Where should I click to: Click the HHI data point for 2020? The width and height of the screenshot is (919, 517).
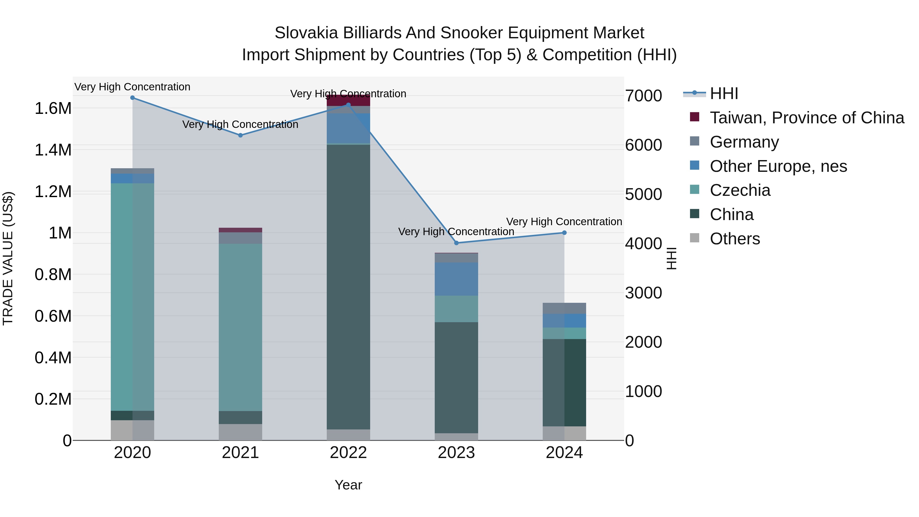pyautogui.click(x=132, y=98)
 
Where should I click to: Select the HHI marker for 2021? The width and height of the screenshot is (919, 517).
pyautogui.click(x=240, y=135)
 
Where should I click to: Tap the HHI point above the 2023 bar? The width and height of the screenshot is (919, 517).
pyautogui.click(x=456, y=243)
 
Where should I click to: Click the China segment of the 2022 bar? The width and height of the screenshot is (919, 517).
pyautogui.click(x=348, y=285)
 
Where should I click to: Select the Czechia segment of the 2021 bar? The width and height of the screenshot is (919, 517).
pyautogui.click(x=240, y=327)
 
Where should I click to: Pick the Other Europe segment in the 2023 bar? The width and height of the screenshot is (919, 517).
pyautogui.click(x=456, y=279)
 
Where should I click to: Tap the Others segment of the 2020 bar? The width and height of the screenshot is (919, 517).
pyautogui.click(x=132, y=430)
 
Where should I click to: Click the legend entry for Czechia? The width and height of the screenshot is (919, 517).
pyautogui.click(x=740, y=190)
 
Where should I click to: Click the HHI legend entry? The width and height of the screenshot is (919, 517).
pyautogui.click(x=723, y=93)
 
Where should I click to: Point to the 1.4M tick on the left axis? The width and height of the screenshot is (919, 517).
pyautogui.click(x=53, y=150)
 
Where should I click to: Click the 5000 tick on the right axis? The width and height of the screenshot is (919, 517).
pyautogui.click(x=644, y=195)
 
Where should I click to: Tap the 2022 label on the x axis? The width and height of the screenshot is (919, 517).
pyautogui.click(x=348, y=453)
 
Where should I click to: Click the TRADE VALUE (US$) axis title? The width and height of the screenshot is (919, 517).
pyautogui.click(x=8, y=258)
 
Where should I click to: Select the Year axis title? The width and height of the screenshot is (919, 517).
pyautogui.click(x=348, y=485)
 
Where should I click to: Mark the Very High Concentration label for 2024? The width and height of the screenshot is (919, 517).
pyautogui.click(x=564, y=222)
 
